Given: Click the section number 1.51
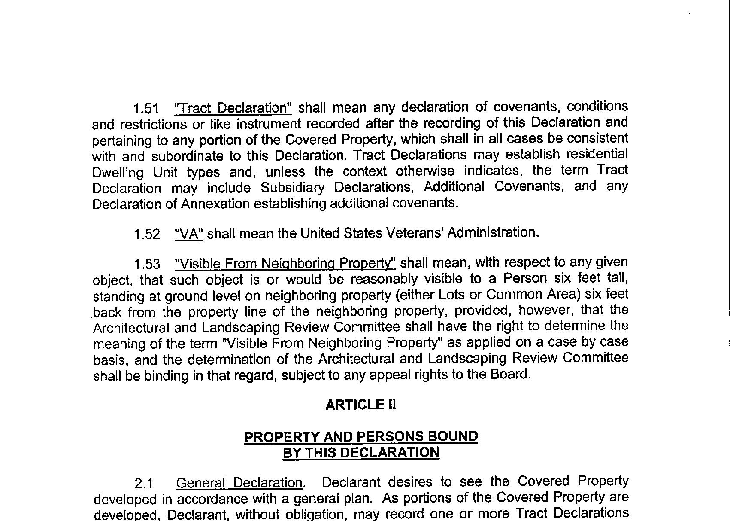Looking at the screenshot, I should point(145,108).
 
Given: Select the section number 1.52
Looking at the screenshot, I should point(147,234).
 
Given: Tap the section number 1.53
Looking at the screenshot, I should point(147,264).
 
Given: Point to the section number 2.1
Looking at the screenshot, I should point(144,484).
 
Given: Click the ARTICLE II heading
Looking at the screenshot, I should point(360,405).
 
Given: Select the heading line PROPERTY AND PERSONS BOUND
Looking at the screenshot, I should point(360,436).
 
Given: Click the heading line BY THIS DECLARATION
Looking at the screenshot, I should point(360,453).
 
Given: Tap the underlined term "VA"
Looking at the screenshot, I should point(189,234).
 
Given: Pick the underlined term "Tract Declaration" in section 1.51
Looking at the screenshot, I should point(233,108).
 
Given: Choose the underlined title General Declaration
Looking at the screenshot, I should point(239,483).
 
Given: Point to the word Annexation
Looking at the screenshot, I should point(215,204).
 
